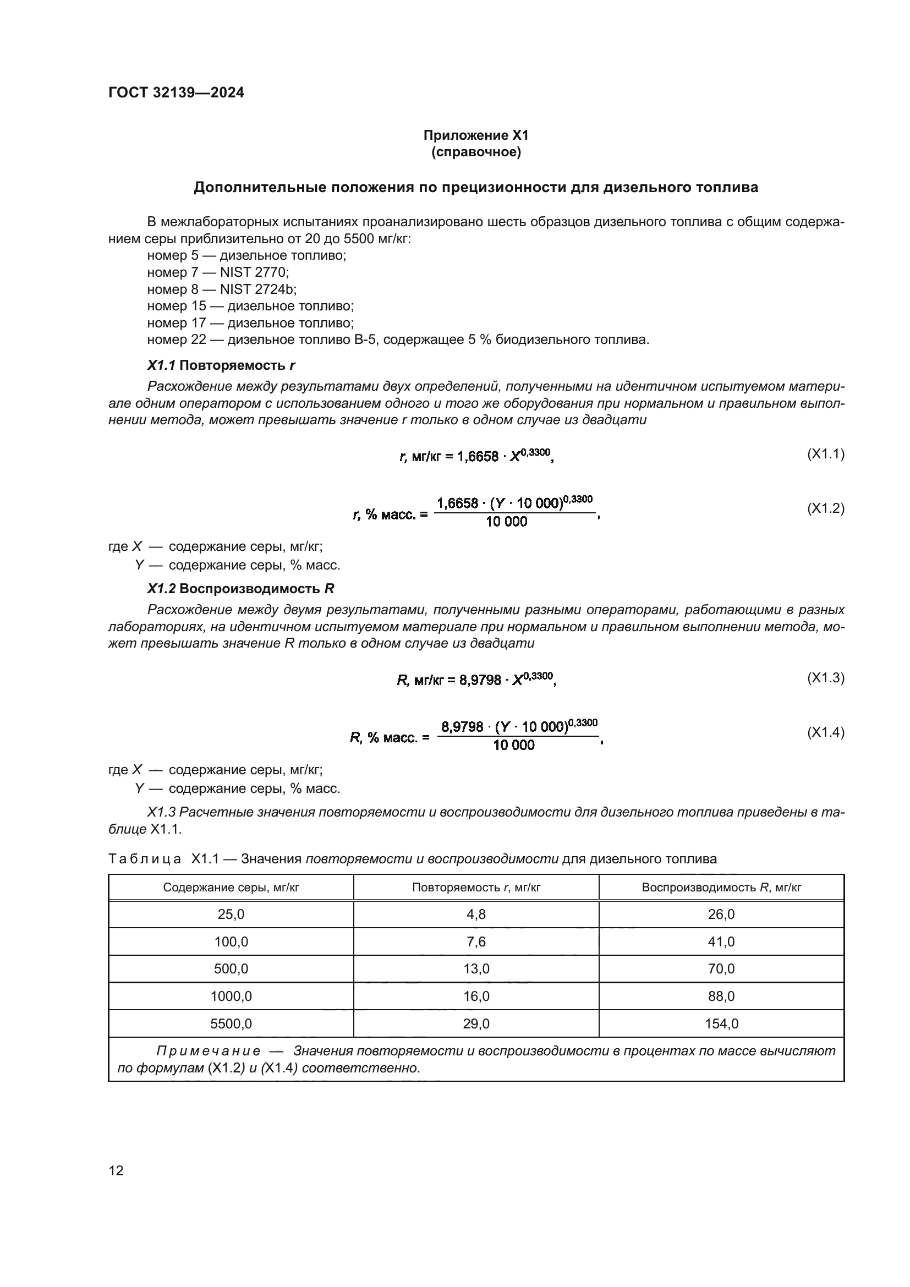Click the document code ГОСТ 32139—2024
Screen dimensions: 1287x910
(176, 93)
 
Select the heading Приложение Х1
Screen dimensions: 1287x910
(476, 135)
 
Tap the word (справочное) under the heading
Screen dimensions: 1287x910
(476, 152)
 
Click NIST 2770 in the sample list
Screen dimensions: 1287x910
(254, 272)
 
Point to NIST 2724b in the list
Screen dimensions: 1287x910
(257, 289)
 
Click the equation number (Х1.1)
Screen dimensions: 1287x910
(825, 453)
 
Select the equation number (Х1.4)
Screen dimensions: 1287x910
(825, 732)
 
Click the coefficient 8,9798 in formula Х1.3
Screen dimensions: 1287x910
(480, 681)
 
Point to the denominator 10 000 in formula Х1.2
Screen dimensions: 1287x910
(506, 522)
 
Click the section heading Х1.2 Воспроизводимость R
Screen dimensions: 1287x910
(241, 589)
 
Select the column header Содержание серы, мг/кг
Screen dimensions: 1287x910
(231, 888)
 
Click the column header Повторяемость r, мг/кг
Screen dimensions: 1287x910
(476, 888)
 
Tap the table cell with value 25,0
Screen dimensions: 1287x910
(231, 914)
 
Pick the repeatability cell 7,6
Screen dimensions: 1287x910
(476, 941)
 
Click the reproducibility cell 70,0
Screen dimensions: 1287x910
(721, 968)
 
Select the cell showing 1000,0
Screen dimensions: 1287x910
(231, 996)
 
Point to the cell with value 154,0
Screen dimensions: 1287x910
(721, 1023)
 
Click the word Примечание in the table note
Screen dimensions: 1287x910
(208, 1051)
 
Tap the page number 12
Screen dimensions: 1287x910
(116, 1170)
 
